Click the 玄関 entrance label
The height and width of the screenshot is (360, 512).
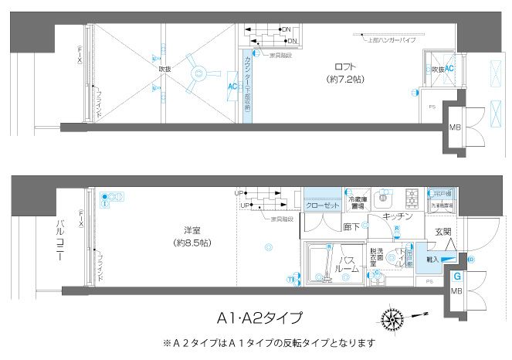pos(442,232)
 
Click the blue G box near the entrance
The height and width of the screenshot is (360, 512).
pos(457,276)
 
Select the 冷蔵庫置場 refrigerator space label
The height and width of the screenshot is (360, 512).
pos(356,203)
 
